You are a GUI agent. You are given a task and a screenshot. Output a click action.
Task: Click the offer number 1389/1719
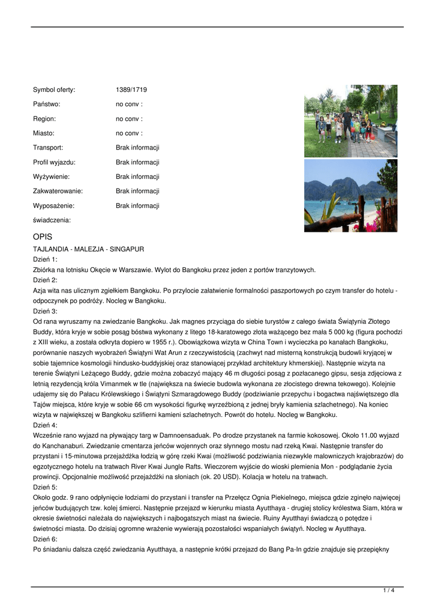(131, 90)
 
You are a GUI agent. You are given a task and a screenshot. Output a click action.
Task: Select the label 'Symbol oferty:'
(54, 90)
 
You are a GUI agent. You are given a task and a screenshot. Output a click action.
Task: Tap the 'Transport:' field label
(48, 148)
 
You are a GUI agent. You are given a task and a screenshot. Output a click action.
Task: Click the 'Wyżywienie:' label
(51, 177)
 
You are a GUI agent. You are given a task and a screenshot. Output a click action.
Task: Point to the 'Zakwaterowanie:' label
(58, 191)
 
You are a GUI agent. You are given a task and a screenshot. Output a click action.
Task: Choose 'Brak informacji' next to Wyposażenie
(137, 205)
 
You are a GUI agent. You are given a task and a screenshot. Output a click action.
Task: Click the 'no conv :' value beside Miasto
(129, 133)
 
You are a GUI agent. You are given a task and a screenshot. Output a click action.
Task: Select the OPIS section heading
(43, 237)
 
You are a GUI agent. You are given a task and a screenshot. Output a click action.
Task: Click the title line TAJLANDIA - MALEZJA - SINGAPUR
(88, 249)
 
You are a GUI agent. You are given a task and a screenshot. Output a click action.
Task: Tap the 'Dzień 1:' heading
(45, 259)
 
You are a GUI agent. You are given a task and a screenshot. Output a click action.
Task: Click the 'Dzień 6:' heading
(45, 539)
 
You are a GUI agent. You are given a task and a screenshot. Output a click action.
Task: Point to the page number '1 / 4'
(388, 590)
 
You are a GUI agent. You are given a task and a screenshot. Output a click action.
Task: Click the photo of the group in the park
(350, 121)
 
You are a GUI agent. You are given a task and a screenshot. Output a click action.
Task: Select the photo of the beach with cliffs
(350, 196)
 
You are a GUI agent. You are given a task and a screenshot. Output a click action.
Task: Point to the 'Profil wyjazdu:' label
(54, 162)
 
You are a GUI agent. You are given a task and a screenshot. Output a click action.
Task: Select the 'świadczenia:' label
(52, 220)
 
